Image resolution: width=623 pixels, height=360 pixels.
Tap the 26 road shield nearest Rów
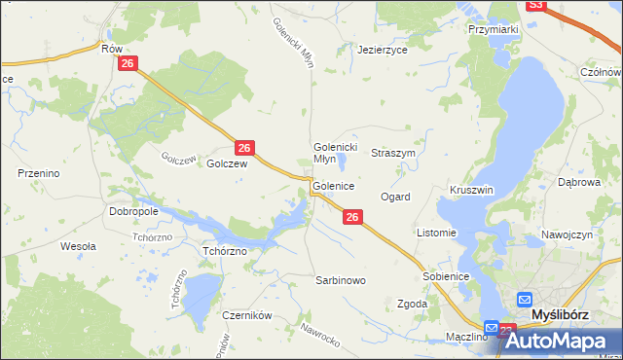[x=130, y=63]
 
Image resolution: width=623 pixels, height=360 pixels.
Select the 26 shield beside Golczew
[x=245, y=148]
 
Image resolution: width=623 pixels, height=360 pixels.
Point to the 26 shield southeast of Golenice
[x=353, y=218]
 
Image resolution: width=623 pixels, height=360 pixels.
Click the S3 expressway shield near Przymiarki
[x=535, y=5]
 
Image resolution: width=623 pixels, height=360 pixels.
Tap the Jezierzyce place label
[x=383, y=49]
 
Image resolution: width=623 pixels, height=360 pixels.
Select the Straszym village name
[x=394, y=154]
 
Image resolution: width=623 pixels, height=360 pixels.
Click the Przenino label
[x=40, y=173]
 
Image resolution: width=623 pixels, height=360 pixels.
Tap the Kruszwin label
[x=472, y=190]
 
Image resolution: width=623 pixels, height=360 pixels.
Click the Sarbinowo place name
[x=340, y=280]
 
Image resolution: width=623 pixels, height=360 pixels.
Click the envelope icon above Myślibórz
[x=525, y=300]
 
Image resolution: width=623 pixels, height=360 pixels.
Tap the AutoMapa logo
[x=562, y=340]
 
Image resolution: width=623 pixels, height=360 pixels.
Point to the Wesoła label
[x=78, y=246]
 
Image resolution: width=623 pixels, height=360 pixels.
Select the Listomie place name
[x=436, y=234]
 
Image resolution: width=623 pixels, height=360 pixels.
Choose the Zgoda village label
[x=413, y=304]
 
